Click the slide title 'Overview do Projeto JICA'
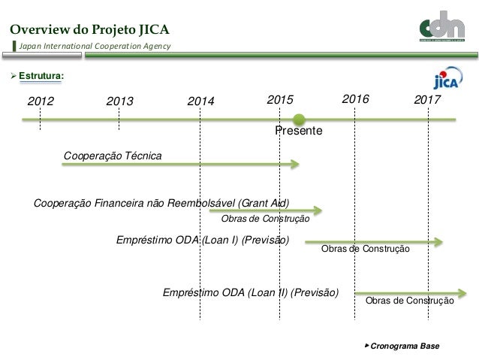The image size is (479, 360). tap(89, 30)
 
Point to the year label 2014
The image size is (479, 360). tap(201, 101)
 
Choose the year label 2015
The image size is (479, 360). tap(281, 100)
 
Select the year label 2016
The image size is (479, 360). tap(356, 99)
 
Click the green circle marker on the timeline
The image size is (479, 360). tap(300, 118)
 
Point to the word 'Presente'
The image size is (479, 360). tap(299, 132)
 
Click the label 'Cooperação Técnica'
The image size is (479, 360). tap(113, 155)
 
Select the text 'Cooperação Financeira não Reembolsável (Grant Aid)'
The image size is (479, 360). tap(161, 203)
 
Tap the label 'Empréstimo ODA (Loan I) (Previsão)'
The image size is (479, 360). tap(203, 240)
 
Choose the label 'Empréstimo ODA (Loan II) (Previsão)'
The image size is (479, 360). tap(251, 292)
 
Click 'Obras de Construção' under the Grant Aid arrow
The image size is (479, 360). tap(265, 219)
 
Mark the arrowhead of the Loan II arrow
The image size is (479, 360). tap(463, 292)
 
